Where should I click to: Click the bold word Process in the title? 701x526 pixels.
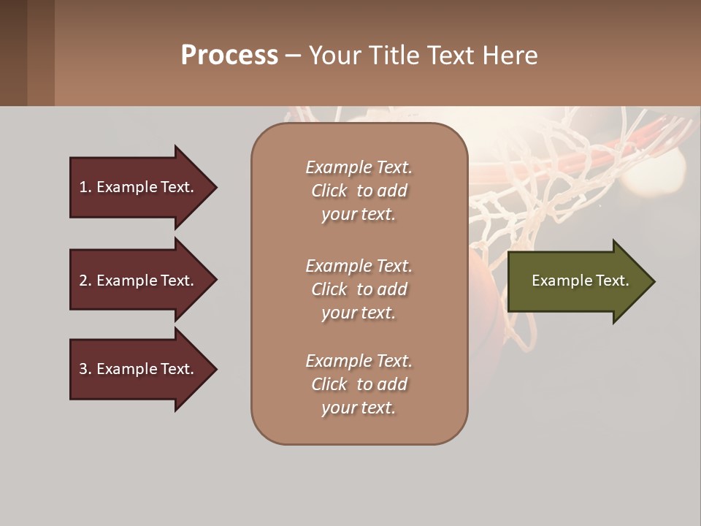229,55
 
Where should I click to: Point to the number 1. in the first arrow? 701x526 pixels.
85,187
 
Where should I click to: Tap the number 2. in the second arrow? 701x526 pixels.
85,281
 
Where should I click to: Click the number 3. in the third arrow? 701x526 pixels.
85,369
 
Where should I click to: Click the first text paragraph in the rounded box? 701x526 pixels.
359,191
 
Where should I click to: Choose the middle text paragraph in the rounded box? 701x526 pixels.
359,289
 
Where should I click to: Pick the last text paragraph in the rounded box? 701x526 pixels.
359,384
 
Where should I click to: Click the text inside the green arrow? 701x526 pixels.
581,281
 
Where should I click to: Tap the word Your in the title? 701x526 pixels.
332,55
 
